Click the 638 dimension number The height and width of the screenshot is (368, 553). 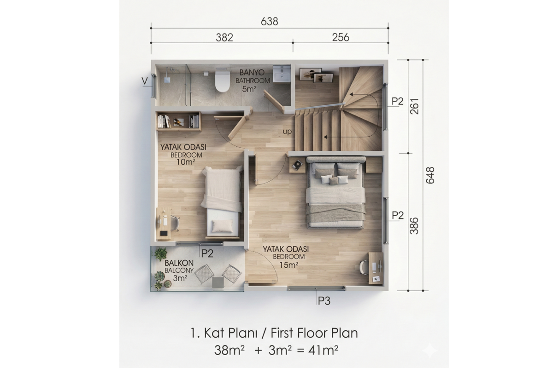269,22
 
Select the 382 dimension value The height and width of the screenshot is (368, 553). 224,37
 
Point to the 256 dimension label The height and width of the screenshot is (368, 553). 341,37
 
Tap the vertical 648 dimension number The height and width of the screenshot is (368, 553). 430,175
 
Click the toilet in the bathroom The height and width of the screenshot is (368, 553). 222,80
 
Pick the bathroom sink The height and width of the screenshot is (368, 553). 282,74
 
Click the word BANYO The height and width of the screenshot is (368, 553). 248,73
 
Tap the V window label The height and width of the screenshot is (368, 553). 144,80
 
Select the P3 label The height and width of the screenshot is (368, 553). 324,301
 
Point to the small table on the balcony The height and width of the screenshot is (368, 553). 218,282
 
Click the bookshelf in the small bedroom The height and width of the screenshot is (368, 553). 178,121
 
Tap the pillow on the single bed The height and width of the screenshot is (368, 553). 222,226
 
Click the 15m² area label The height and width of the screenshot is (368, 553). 288,265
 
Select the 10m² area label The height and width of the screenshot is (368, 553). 186,162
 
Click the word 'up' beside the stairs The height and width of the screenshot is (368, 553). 287,132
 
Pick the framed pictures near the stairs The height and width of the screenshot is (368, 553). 316,75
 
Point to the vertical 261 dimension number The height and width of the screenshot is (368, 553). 415,106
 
